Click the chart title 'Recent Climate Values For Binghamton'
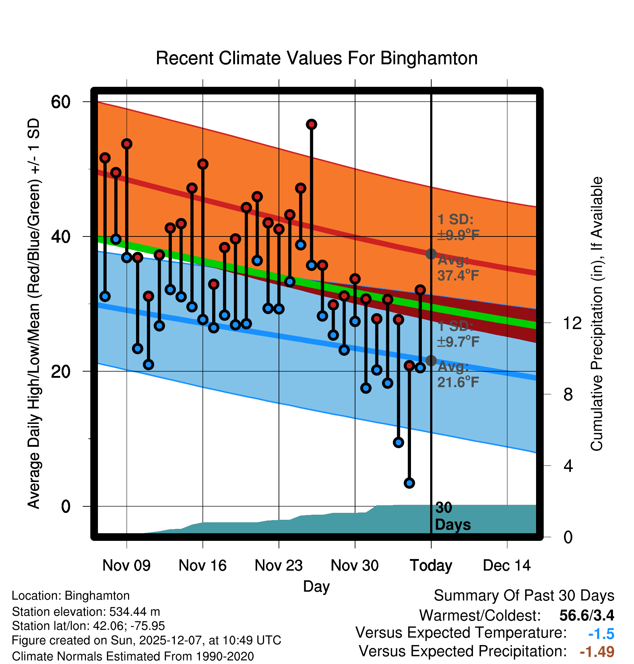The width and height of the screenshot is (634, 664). pyautogui.click(x=317, y=58)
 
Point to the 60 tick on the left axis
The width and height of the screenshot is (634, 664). pyautogui.click(x=61, y=102)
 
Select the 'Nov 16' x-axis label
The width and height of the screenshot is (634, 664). pyautogui.click(x=202, y=566)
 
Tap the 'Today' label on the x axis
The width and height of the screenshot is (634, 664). pyautogui.click(x=431, y=566)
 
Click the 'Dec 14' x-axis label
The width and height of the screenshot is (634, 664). pyautogui.click(x=507, y=566)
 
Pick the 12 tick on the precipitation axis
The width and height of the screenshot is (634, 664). pyautogui.click(x=572, y=323)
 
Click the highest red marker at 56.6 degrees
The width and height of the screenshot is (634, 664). pyautogui.click(x=312, y=125)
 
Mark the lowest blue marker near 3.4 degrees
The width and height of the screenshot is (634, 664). pyautogui.click(x=409, y=483)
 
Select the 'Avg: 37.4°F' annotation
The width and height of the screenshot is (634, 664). pyautogui.click(x=458, y=268)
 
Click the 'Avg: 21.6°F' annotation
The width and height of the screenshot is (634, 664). pyautogui.click(x=458, y=374)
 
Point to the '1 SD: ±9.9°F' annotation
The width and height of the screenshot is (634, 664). pyautogui.click(x=458, y=227)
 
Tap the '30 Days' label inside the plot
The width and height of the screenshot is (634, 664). pyautogui.click(x=452, y=517)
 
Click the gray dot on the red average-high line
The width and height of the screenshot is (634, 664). pyautogui.click(x=431, y=254)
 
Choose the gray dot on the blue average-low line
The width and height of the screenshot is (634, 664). pyautogui.click(x=431, y=361)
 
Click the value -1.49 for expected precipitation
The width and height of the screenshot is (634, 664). pyautogui.click(x=597, y=652)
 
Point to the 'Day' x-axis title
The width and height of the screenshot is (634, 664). pyautogui.click(x=316, y=586)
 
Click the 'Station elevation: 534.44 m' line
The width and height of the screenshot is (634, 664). pyautogui.click(x=86, y=612)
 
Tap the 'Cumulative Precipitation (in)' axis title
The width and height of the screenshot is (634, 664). pyautogui.click(x=597, y=314)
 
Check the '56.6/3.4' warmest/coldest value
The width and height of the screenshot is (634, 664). pyautogui.click(x=586, y=615)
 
